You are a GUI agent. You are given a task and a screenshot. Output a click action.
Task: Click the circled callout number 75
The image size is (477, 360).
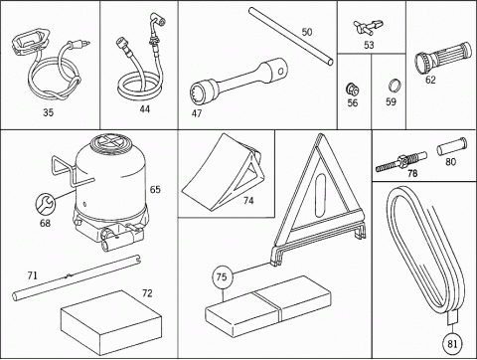click(x=222, y=277)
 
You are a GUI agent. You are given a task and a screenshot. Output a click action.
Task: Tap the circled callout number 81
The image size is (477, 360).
click(x=452, y=344)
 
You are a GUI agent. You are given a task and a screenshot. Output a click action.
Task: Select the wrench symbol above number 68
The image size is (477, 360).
click(x=46, y=204)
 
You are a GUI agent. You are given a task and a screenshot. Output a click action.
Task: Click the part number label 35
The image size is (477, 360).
click(x=48, y=112)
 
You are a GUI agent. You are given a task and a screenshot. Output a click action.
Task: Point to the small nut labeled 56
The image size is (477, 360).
click(x=352, y=90)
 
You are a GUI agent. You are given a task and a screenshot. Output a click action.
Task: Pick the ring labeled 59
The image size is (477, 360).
click(x=396, y=86)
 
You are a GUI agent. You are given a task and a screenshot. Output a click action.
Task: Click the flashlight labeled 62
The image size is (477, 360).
click(x=443, y=58)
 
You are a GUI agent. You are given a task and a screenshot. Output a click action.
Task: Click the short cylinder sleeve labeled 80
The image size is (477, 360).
click(x=451, y=147)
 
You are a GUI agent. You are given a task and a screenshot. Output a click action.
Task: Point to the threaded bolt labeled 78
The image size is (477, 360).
click(x=401, y=161)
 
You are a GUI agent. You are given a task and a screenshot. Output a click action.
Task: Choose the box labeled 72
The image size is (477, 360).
click(x=111, y=318)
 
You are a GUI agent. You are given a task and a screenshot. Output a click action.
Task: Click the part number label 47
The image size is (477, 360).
click(x=197, y=113)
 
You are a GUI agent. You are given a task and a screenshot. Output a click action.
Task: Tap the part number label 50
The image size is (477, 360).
click(x=307, y=32)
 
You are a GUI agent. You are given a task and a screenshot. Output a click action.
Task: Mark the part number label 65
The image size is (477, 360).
click(x=155, y=190)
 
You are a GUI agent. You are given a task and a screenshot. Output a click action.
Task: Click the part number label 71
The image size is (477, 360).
click(x=33, y=275)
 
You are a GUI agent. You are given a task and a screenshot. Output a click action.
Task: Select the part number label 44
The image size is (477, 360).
click(x=144, y=109)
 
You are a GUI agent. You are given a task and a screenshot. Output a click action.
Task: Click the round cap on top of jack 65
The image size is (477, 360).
click(x=109, y=142)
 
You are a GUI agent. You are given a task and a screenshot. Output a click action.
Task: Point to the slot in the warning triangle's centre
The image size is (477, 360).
click(x=320, y=196)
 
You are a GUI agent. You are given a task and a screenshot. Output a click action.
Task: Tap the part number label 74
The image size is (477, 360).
click(x=248, y=201)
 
